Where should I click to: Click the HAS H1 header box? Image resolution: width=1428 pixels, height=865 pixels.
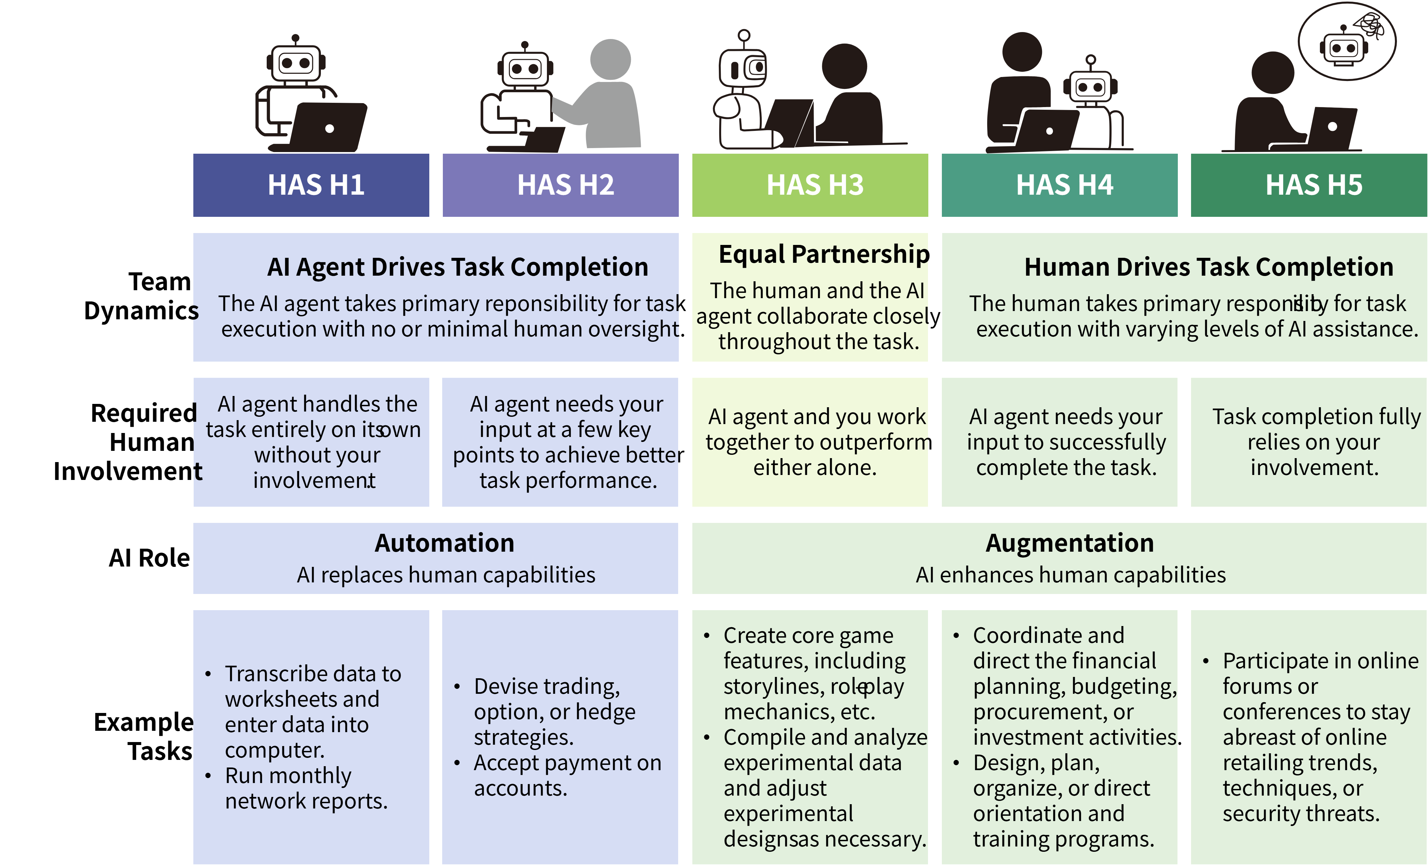(311, 185)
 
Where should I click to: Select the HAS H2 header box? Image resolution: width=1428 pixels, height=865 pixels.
(560, 185)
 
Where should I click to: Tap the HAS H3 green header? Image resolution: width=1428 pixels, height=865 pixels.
(810, 185)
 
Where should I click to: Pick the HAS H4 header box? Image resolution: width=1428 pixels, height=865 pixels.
(1060, 185)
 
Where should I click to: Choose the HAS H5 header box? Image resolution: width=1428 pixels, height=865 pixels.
(1309, 185)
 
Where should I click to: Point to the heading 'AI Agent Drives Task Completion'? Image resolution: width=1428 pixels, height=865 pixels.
(457, 267)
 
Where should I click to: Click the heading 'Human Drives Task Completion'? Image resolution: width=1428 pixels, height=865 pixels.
(1208, 267)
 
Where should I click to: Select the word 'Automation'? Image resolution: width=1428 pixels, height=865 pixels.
(444, 543)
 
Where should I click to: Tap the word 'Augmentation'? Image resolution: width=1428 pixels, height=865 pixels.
(1070, 543)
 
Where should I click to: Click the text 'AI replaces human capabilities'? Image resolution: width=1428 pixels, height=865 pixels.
(446, 575)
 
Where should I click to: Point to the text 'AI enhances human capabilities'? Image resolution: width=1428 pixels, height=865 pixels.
(1070, 575)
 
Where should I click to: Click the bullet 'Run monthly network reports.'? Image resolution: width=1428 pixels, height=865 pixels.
(305, 788)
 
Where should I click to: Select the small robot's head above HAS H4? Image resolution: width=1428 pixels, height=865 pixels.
(1090, 87)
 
